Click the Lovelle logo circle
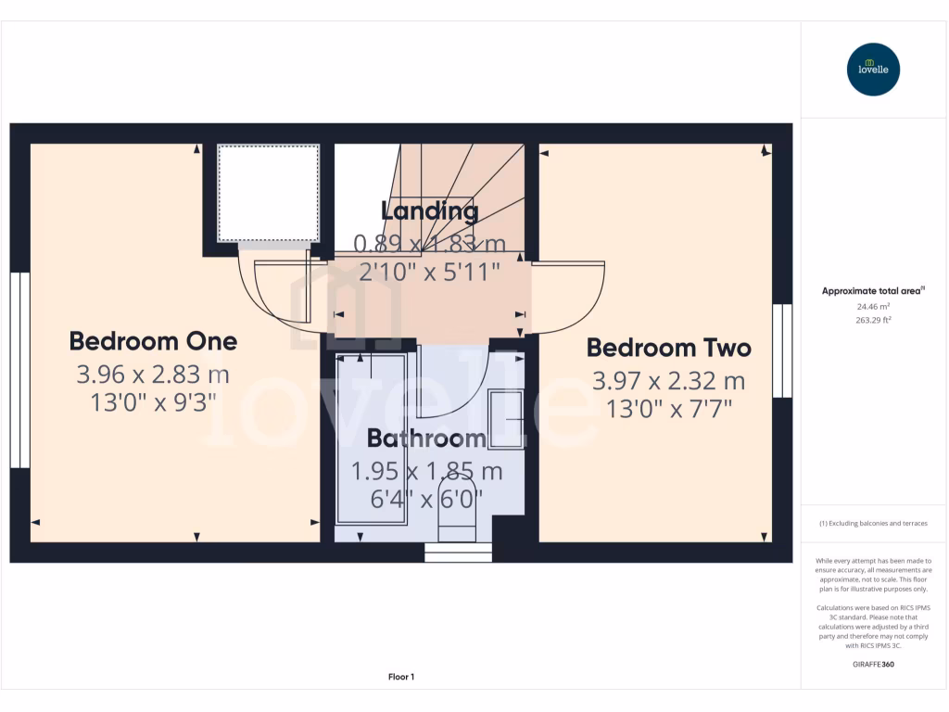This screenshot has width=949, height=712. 873,70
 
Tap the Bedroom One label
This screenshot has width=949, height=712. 153,341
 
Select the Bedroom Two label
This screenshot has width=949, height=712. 668,348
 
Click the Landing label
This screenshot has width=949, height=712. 430,211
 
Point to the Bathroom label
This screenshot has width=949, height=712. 426,438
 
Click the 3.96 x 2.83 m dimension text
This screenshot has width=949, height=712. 153,375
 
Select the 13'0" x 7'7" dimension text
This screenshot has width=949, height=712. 668,410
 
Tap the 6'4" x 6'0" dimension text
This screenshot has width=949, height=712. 426,499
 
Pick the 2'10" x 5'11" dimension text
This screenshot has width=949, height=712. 430,272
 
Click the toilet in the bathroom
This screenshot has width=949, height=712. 455,510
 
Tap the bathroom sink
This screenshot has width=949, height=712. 507,420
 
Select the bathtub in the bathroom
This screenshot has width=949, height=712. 371,440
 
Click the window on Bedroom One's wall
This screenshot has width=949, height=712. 19,369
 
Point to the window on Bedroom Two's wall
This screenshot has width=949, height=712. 783,350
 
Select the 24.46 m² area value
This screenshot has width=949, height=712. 873,306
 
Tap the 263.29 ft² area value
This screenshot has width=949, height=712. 873,320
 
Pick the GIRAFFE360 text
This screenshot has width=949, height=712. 873,664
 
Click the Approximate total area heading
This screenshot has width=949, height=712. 873,291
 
